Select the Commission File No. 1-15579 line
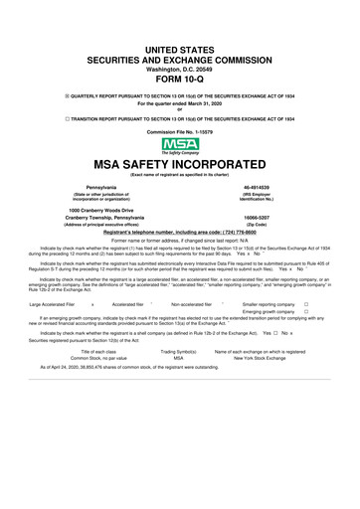click(x=179, y=131)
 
